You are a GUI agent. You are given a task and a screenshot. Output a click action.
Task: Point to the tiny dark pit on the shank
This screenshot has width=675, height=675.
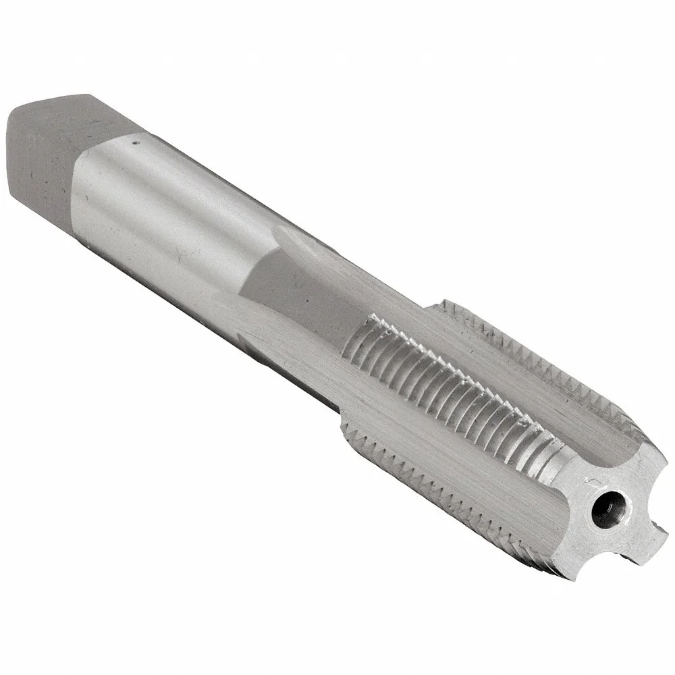coord(134,142)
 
